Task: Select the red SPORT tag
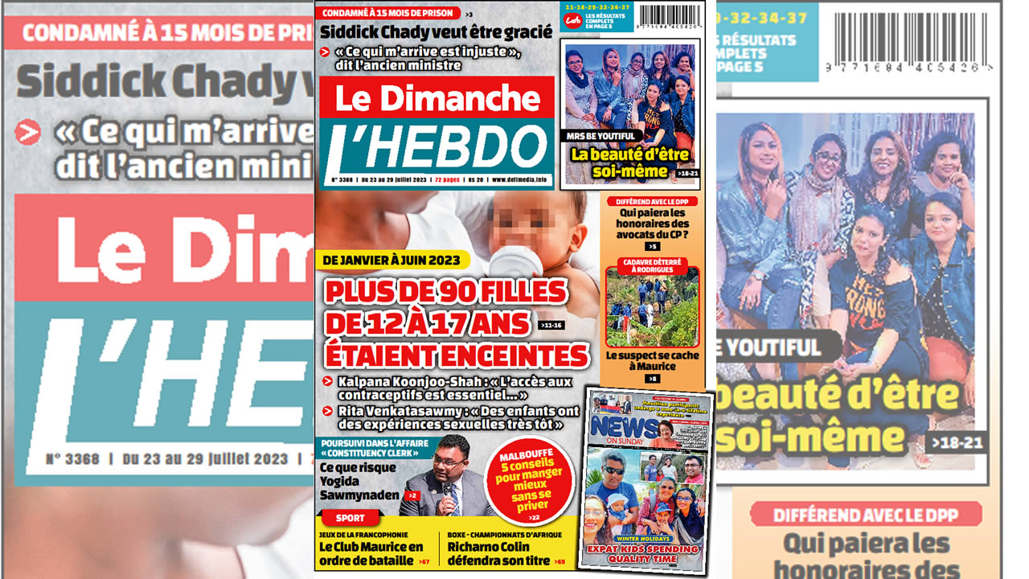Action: coord(349,518)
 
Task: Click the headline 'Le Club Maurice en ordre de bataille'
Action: coord(371,553)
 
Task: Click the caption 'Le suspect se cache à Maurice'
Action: coord(652,360)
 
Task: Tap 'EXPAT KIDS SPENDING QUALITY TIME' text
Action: coord(647,553)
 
